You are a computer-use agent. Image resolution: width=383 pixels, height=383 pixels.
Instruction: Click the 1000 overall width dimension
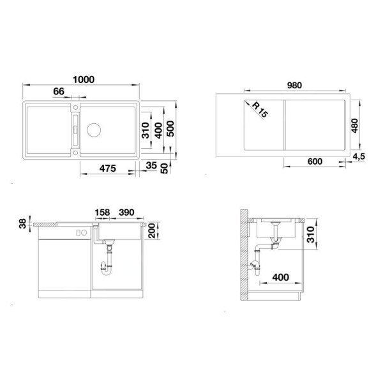coord(84,79)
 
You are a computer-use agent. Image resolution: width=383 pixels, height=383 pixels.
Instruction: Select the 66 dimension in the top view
coord(58,92)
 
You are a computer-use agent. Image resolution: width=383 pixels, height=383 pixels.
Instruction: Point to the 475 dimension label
coord(107,169)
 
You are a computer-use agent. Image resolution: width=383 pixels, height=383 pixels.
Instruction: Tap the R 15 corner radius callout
coord(259,110)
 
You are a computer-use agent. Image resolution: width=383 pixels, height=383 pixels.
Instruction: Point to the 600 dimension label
coord(314,161)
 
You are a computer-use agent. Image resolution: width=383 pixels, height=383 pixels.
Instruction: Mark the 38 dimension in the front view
coord(24,223)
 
